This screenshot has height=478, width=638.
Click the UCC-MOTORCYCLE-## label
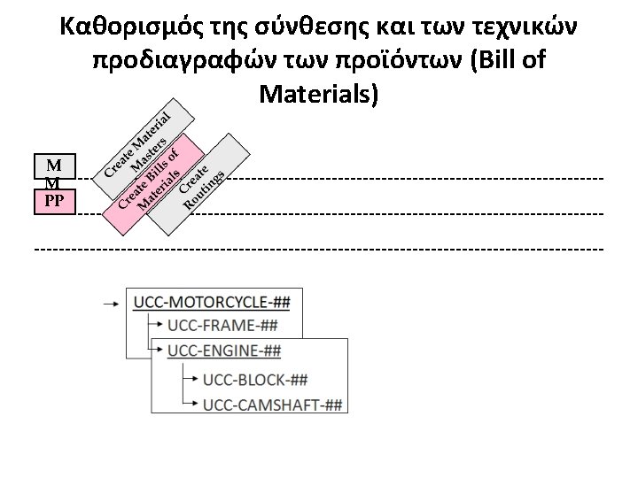212,302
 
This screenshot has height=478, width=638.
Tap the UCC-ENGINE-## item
223,351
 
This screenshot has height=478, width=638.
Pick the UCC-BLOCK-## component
255,381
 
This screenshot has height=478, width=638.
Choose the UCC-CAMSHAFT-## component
272,405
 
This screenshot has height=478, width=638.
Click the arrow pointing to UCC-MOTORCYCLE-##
112,303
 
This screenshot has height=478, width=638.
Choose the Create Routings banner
200,186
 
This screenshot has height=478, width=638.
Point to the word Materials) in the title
320,92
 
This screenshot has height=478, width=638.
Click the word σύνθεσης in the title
315,28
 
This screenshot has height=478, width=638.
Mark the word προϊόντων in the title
373,60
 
